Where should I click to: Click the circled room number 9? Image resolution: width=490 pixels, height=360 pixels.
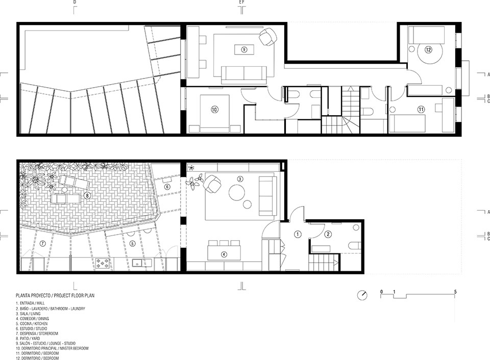(x=244, y=49)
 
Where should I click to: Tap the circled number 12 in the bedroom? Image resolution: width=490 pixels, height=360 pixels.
(x=428, y=49)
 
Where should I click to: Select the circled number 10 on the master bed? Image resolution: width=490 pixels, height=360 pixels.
(x=214, y=110)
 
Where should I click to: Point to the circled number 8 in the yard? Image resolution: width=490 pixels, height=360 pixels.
(x=87, y=196)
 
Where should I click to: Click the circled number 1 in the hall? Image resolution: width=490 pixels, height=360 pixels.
(x=298, y=234)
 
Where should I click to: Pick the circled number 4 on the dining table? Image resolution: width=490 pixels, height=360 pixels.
(x=224, y=254)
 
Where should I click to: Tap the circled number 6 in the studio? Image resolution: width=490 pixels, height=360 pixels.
(x=167, y=187)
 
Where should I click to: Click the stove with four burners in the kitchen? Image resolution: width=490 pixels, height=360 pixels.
(x=103, y=263)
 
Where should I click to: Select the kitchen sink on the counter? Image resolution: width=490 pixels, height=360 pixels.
(x=137, y=263)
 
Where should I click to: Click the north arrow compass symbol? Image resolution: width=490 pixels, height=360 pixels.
(x=362, y=295)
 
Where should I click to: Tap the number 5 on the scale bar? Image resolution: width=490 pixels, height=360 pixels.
(x=455, y=292)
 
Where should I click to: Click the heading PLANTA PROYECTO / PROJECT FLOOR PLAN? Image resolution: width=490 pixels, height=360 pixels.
(x=55, y=295)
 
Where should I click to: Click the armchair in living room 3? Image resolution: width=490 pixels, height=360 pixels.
(x=212, y=184)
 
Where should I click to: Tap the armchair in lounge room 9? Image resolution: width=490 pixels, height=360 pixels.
(x=268, y=36)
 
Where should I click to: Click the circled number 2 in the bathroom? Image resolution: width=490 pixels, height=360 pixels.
(x=328, y=234)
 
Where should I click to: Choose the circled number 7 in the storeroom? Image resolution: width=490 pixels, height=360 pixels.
(x=43, y=244)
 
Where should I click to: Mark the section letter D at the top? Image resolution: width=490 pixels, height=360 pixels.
(x=75, y=2)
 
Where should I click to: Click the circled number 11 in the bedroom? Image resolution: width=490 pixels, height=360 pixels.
(x=421, y=109)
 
